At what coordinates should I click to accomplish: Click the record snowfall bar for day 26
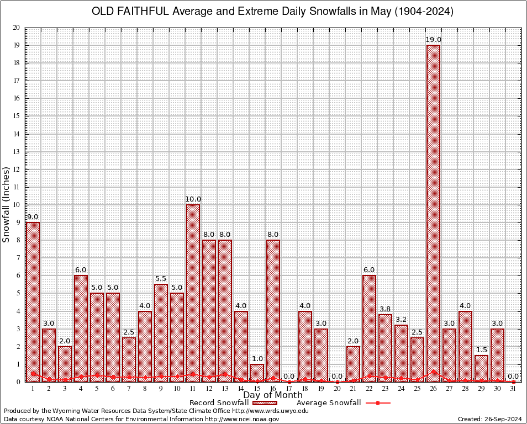click(433, 213)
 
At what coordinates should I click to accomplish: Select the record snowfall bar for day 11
click(193, 293)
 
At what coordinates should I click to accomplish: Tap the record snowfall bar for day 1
click(33, 301)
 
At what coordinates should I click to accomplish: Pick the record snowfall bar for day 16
click(273, 310)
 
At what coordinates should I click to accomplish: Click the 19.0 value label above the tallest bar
click(433, 40)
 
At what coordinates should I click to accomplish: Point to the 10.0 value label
click(193, 199)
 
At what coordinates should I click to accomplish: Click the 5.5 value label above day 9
click(161, 279)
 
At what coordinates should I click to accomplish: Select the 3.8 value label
click(385, 309)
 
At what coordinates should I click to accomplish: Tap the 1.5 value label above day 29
click(481, 350)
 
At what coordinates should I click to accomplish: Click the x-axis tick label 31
click(513, 389)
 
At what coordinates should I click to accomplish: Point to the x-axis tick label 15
click(257, 389)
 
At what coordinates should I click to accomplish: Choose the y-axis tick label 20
click(16, 28)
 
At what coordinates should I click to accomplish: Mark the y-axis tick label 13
click(16, 152)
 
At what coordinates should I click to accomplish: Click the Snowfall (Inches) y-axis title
click(6, 205)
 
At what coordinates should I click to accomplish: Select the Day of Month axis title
click(272, 395)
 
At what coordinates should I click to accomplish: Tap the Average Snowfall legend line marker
click(377, 403)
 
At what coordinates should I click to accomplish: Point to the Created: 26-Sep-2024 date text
click(489, 419)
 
